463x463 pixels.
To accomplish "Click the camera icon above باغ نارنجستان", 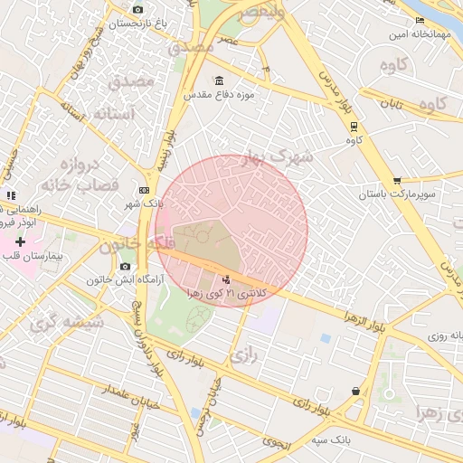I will point(137,9).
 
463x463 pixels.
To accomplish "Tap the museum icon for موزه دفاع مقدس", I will point(221,80).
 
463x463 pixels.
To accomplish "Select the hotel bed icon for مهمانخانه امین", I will point(419,21).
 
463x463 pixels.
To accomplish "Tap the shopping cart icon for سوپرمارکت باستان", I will point(397,181).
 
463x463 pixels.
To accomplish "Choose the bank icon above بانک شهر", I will point(144,190).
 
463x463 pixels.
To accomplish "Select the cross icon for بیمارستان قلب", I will point(20,241).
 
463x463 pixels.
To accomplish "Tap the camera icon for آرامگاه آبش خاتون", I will point(125,267).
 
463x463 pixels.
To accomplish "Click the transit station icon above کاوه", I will point(354,127).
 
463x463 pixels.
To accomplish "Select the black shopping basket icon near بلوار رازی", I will point(355,391).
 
